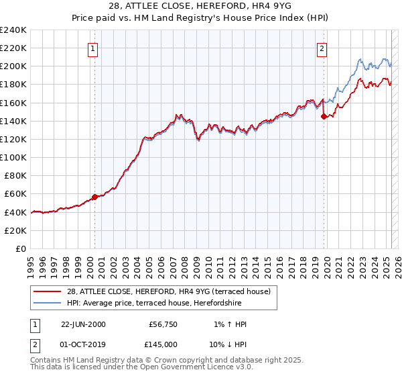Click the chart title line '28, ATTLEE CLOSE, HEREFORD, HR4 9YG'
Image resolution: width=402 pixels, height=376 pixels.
tap(201, 7)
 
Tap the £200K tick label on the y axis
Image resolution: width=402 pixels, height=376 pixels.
tap(13, 66)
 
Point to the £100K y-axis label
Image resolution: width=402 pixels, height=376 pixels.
tap(13, 157)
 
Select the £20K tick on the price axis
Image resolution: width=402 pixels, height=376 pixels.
tap(15, 230)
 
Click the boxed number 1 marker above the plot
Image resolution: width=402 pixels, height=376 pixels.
tap(93, 48)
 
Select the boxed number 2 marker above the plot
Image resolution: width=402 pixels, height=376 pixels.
tap(322, 48)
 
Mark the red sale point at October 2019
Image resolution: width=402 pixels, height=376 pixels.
tap(324, 116)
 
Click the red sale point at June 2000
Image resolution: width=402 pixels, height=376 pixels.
tap(94, 197)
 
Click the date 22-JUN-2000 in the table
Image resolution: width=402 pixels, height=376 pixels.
tap(83, 324)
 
